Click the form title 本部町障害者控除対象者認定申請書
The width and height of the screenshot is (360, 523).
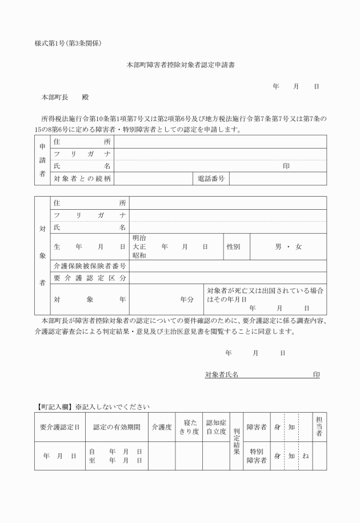pos(180,65)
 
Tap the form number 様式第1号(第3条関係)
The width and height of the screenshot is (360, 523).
pos(68,43)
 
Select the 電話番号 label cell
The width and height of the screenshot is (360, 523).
pos(211,179)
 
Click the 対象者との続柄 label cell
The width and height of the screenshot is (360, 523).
pos(82,179)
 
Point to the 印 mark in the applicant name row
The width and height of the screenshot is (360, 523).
pos(286,166)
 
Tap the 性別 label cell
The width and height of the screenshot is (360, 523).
pos(233,247)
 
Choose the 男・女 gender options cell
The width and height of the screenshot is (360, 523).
pos(288,247)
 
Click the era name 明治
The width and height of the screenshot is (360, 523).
pos(139,238)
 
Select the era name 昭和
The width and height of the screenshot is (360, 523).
pos(139,255)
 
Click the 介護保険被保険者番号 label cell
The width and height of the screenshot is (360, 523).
pos(90,266)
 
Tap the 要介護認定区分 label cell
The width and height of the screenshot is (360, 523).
pos(90,278)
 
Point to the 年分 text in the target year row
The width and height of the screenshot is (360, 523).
pos(187,299)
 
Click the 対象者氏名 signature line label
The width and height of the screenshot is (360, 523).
pos(222,374)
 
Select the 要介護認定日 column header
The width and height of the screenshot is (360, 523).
pos(59,427)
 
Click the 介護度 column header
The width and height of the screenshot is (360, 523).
pos(161,427)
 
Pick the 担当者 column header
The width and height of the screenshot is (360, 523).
pos(319,427)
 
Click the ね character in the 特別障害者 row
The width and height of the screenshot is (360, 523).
pos(306,456)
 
